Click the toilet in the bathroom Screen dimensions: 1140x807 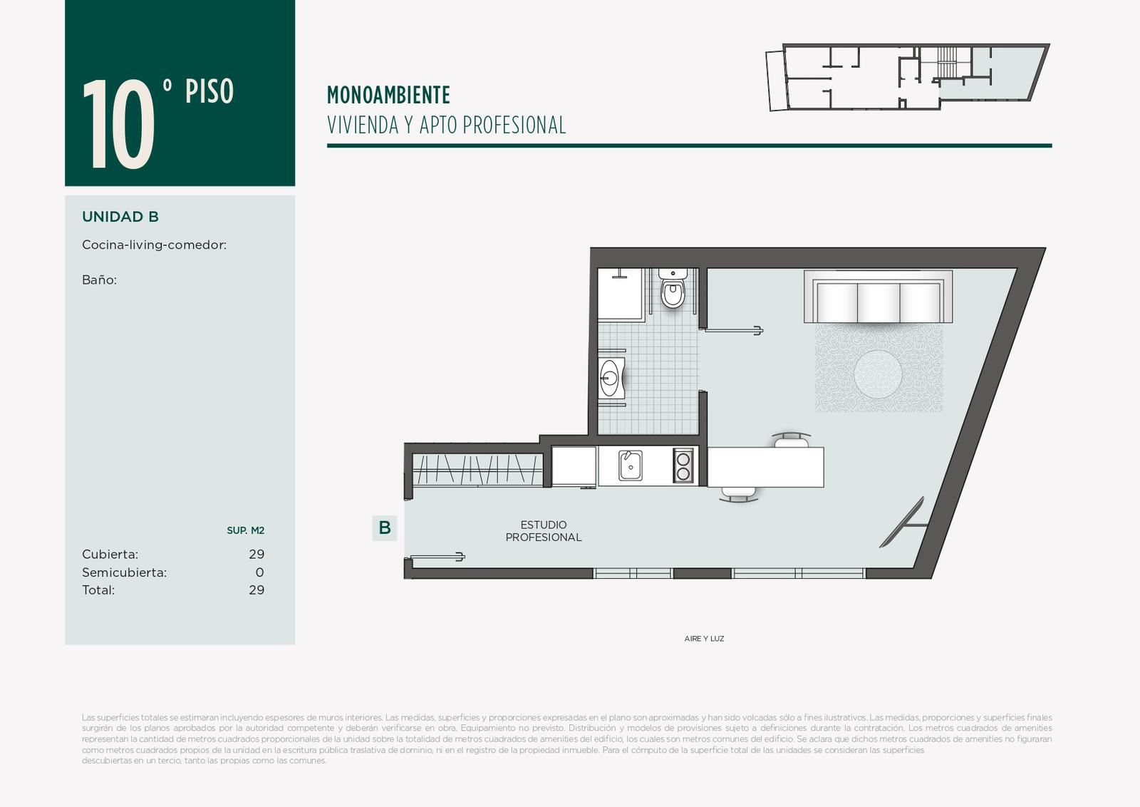673,289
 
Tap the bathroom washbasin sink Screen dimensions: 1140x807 611,378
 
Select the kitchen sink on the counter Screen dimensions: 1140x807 630,466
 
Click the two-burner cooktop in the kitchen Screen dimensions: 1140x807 683,466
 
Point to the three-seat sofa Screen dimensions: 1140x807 878,297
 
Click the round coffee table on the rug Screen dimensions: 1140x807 878,374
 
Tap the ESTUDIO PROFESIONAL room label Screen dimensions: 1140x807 544,531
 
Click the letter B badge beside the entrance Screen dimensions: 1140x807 385,528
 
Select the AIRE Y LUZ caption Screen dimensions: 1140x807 704,639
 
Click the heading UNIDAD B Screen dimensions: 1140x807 120,217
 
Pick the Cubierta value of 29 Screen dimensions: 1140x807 256,554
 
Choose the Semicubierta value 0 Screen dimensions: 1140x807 259,572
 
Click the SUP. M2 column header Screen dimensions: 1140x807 245,530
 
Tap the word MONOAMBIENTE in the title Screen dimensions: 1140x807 388,96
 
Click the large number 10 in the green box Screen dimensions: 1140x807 118,124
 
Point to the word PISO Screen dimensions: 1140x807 209,91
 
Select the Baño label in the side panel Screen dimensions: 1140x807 99,280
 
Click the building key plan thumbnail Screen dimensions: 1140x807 908,77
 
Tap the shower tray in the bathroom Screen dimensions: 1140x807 621,295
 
